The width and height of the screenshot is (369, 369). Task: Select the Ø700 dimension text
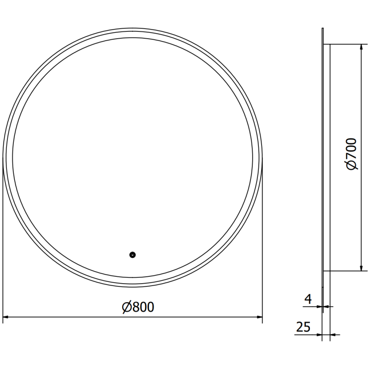click(x=351, y=154)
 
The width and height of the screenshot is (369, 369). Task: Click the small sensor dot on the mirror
click(x=132, y=254)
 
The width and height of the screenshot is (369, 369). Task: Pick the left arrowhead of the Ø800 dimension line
click(x=6, y=317)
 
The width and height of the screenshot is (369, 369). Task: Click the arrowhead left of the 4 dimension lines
click(x=320, y=306)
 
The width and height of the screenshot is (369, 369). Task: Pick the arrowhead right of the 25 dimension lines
click(x=333, y=334)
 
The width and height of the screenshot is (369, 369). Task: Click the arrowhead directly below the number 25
click(x=319, y=334)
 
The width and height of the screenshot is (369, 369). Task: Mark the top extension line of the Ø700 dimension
click(x=344, y=45)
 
